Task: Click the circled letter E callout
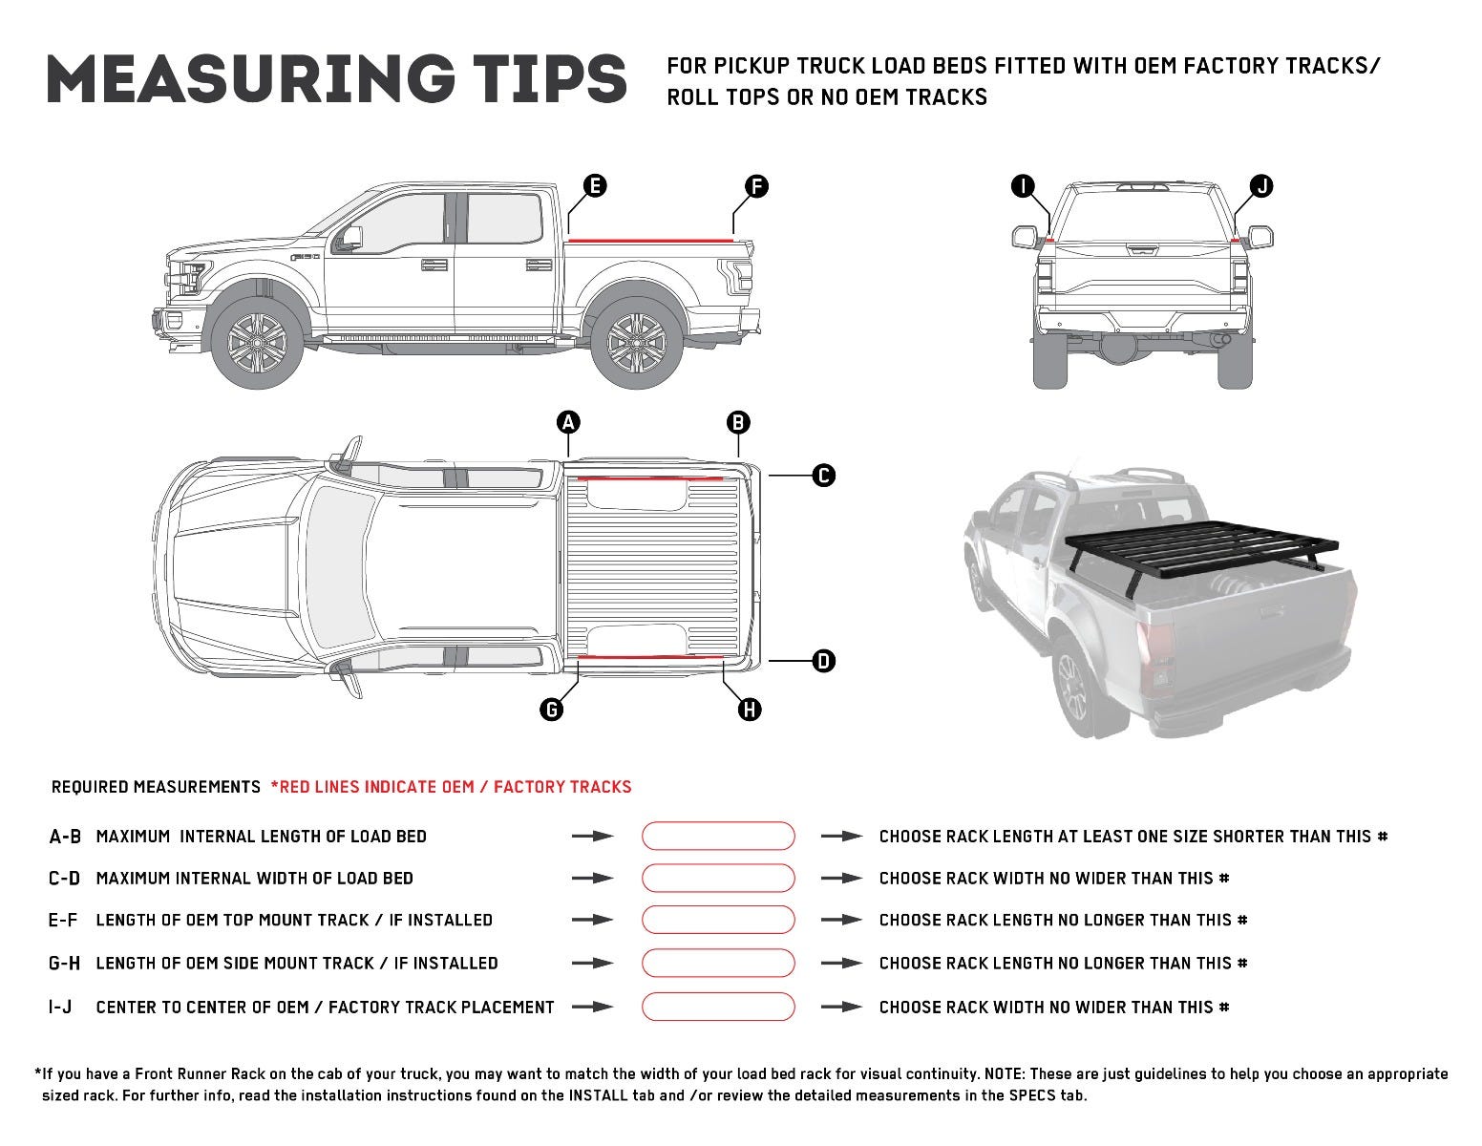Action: pos(594,185)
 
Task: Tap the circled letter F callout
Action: pos(755,185)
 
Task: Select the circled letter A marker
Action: pos(568,421)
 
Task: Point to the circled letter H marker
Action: pos(750,709)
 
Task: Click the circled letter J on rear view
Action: pos(1261,185)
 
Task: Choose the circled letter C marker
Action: pos(823,475)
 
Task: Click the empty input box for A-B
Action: pos(717,836)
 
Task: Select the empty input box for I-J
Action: pos(717,1007)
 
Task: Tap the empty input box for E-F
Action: pos(717,920)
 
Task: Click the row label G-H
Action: pos(65,963)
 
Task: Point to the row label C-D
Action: pos(65,878)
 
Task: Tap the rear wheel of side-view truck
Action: pos(636,342)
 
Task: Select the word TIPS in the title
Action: pos(539,79)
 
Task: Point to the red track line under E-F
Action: pos(649,239)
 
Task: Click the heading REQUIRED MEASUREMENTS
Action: pos(156,787)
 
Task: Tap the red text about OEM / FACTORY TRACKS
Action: pos(451,787)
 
